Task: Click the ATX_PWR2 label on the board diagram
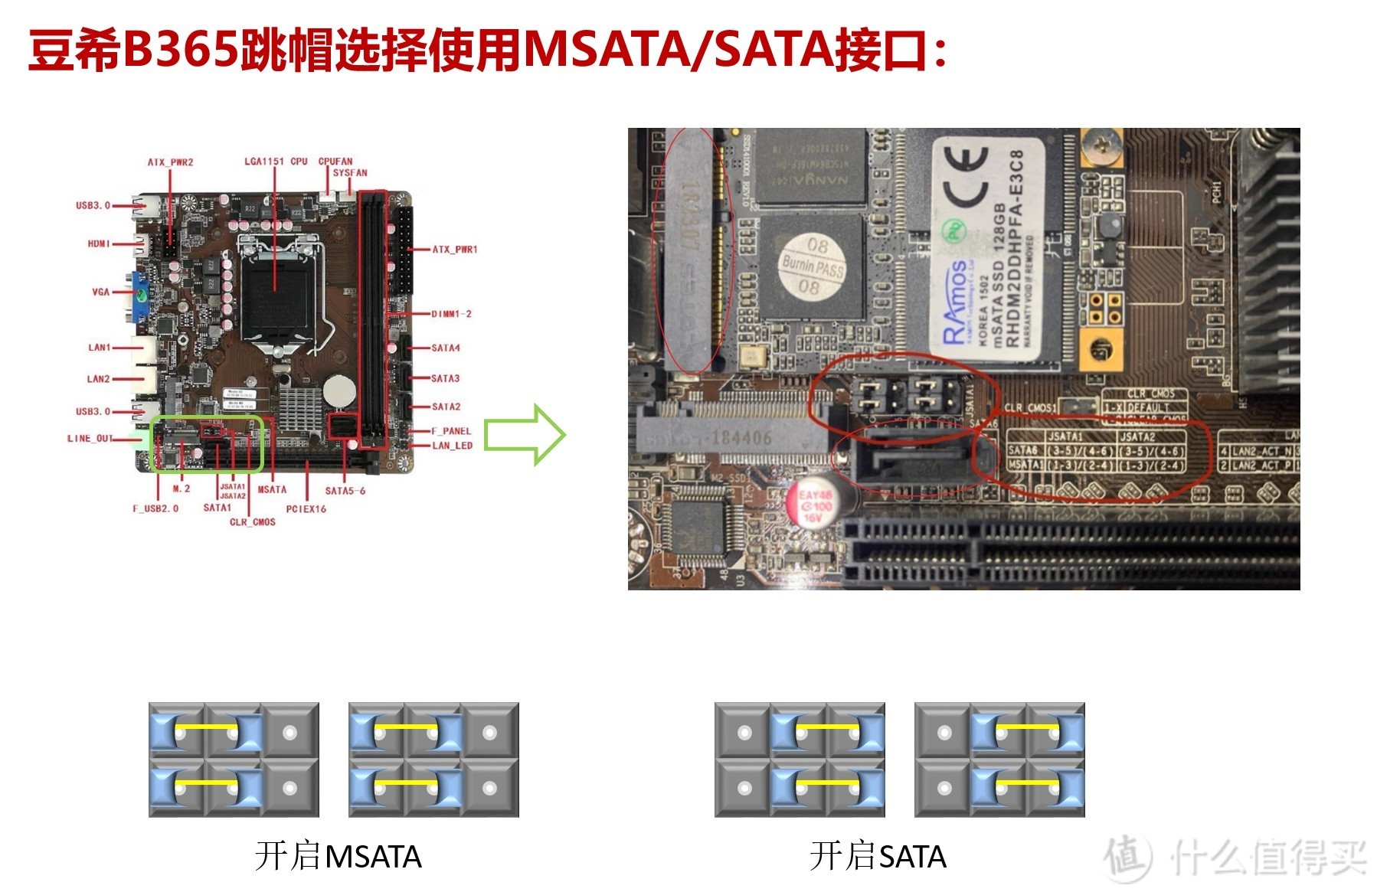click(x=170, y=162)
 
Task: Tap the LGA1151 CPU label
click(x=276, y=162)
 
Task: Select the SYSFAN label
click(x=350, y=173)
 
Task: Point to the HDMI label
click(x=99, y=244)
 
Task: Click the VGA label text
click(x=101, y=292)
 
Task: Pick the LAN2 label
click(x=99, y=379)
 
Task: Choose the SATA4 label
click(x=445, y=348)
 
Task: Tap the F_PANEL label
click(x=451, y=431)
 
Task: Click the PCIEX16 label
click(x=306, y=509)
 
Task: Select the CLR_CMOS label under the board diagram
click(x=253, y=522)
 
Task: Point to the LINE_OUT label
click(x=90, y=439)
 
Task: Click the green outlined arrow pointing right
click(x=525, y=435)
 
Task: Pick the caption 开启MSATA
click(x=338, y=857)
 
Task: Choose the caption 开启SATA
click(x=878, y=857)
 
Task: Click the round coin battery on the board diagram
click(x=339, y=391)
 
